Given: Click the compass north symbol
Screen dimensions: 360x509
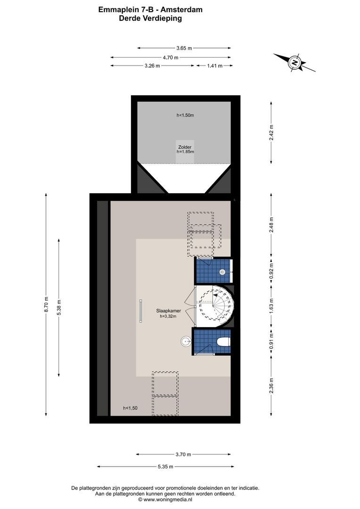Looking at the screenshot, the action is click(295, 63).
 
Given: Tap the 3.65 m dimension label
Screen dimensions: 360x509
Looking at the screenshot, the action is click(184, 48).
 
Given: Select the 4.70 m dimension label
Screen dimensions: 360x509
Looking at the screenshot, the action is click(171, 57).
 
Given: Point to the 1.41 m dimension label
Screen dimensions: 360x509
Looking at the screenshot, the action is click(214, 66).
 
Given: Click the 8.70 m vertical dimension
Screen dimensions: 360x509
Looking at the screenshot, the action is click(46, 304).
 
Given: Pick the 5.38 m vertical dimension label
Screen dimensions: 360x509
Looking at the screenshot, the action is click(59, 307).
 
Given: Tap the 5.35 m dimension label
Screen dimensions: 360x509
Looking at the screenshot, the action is click(165, 467).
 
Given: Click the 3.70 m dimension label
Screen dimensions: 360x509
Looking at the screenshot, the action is click(183, 454).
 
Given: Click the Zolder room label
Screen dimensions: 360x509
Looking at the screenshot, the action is click(185, 147).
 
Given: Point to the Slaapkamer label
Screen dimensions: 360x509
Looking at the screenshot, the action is click(169, 311).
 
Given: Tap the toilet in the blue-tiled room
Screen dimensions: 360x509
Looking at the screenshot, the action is click(223, 342).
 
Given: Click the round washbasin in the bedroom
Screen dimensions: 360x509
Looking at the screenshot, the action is click(186, 341).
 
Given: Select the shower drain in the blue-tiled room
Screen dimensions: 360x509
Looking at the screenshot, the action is click(222, 272).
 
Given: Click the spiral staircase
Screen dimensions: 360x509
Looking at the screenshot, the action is click(215, 306).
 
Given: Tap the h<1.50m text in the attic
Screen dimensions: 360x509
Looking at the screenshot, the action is click(185, 115).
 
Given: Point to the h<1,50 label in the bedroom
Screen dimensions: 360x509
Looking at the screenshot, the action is click(130, 408).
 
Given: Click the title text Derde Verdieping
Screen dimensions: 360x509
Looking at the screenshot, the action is click(150, 18).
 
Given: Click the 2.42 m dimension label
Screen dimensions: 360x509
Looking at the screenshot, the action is click(271, 132).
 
